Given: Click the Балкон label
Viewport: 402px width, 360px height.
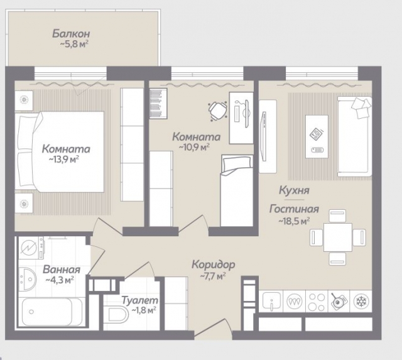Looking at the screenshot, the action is click(x=71, y=34).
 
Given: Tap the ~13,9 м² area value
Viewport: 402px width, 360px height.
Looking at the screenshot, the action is click(x=63, y=160).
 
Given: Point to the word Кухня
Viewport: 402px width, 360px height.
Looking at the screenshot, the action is click(x=294, y=190).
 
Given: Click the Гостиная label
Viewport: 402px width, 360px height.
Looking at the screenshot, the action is click(x=294, y=209).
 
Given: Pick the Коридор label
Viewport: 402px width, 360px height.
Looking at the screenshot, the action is click(x=214, y=265).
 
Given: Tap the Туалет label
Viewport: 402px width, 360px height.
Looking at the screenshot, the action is click(x=139, y=300).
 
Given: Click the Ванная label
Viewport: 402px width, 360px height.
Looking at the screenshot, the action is click(x=62, y=270).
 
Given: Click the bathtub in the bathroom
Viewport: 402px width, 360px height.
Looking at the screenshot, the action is click(x=52, y=312).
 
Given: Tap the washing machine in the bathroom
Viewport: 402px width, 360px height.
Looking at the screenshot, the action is click(x=31, y=248).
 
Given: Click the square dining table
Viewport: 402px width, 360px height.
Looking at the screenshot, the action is click(x=338, y=237).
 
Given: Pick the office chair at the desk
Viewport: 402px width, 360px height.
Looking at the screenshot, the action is click(x=218, y=111).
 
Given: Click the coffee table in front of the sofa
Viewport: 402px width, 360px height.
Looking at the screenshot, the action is click(x=317, y=137).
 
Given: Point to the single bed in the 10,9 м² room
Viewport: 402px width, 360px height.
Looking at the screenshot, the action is click(x=237, y=190).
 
